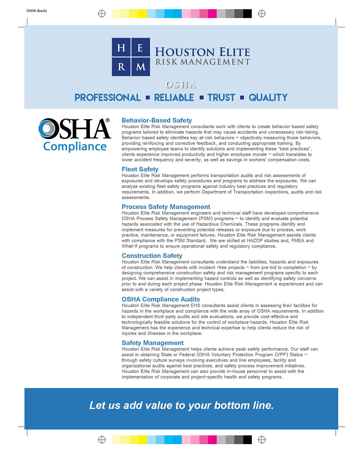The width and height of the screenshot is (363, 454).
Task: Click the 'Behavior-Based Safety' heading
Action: (156, 120)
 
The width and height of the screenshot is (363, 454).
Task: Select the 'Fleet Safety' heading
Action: (140, 169)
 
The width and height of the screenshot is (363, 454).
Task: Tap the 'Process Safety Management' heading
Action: (166, 207)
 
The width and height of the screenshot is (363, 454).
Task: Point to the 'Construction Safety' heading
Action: (152, 256)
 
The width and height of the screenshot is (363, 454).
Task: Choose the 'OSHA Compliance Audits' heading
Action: (160, 299)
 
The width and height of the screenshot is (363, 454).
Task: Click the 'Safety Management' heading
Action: (152, 343)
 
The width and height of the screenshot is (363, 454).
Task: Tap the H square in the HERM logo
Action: (121, 48)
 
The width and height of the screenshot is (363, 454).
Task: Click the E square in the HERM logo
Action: (140, 48)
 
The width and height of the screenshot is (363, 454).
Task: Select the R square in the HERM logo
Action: (121, 66)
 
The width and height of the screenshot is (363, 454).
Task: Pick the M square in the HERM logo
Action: (140, 66)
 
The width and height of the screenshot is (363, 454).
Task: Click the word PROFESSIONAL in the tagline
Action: (107, 98)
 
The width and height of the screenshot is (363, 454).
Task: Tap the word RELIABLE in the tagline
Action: (174, 98)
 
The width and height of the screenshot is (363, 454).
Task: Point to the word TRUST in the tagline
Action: (221, 98)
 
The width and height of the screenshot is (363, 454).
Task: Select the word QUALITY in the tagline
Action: (268, 98)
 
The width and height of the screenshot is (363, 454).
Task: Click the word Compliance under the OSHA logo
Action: (75, 146)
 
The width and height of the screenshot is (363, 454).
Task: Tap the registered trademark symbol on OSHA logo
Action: (107, 121)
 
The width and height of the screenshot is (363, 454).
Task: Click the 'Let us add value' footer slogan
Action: (181, 405)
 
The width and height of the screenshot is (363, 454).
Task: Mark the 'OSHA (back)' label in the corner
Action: (37, 11)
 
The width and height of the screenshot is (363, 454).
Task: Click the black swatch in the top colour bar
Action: (247, 14)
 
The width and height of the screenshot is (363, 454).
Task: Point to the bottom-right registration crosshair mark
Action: (262, 440)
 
